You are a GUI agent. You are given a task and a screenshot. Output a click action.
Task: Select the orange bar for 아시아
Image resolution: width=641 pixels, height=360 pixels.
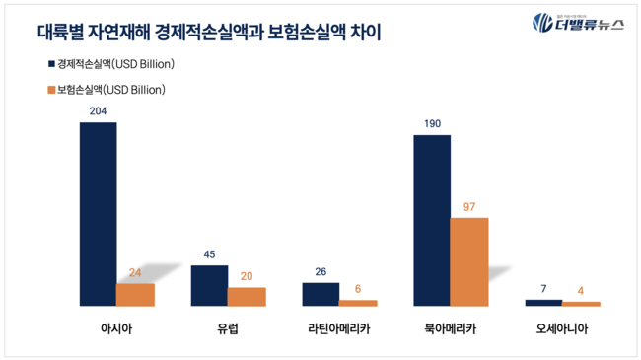135,295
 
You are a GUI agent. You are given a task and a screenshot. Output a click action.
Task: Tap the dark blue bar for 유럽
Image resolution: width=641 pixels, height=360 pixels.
209,286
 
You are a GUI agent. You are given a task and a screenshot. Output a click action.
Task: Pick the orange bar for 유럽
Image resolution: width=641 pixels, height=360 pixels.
247,297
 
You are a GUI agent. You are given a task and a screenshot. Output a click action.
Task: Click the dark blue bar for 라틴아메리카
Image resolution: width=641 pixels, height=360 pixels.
320,294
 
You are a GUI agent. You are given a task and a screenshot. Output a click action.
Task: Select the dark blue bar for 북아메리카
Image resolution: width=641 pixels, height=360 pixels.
432,220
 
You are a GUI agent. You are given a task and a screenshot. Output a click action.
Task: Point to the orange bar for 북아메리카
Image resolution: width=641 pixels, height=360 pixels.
469,261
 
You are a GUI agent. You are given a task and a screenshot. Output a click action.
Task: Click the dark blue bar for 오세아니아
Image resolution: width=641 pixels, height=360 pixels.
543,303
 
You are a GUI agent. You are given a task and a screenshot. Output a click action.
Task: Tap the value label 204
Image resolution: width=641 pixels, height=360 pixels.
98,111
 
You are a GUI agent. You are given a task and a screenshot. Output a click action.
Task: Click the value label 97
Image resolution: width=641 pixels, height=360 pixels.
469,207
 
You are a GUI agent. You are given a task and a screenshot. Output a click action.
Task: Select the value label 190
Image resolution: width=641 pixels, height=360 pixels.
432,124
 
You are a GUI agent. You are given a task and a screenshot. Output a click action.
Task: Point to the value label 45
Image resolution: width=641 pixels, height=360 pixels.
209,255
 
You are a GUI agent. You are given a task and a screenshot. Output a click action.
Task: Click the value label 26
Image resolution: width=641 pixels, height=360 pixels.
320,272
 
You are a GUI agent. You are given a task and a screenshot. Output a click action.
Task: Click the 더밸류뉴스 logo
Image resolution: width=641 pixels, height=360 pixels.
578,23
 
